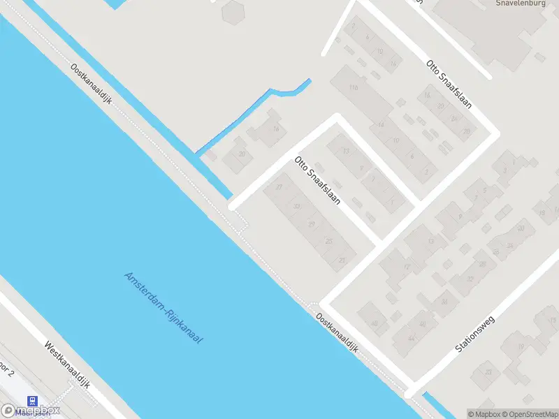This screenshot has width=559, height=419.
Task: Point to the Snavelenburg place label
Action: tap(520, 3)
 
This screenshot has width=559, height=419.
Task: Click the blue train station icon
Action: tap(32, 400)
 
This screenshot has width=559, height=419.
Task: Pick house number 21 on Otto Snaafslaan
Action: tap(342, 260)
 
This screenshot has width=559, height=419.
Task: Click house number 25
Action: tap(328, 241)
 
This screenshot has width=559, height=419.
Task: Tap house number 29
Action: tap(312, 223)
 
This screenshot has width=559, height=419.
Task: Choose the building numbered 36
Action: tap(444, 301)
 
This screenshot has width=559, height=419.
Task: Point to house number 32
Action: tap(470, 278)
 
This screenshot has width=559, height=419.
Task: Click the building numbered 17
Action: tap(407, 267)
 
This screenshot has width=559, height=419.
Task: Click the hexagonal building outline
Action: tap(233, 10)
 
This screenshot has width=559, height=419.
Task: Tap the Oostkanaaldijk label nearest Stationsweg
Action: tap(337, 332)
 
